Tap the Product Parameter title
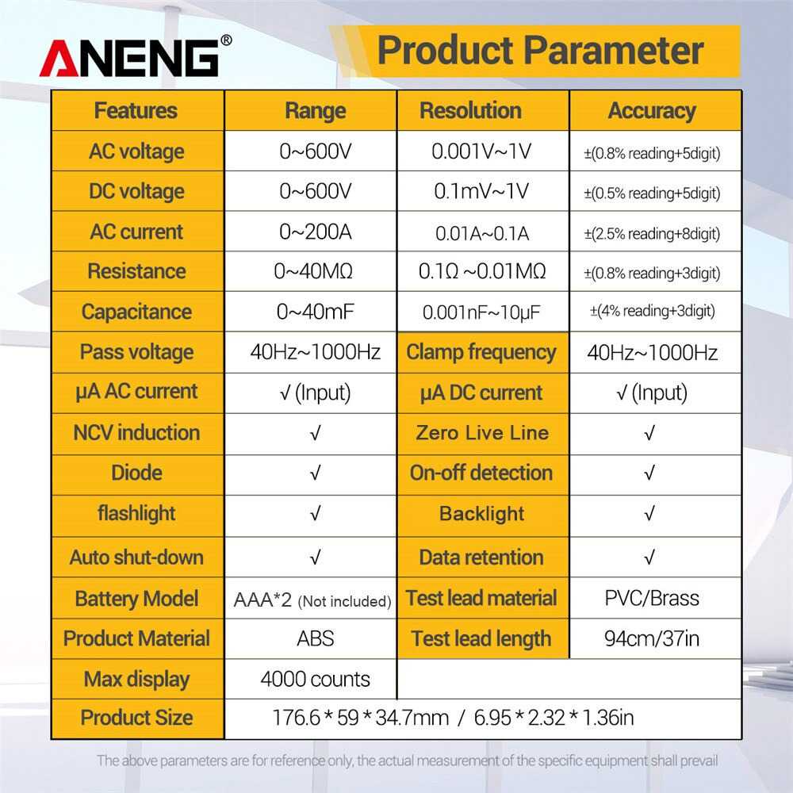point(541,51)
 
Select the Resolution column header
point(470,110)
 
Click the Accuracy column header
point(652,111)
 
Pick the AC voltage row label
point(136,151)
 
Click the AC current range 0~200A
point(315,232)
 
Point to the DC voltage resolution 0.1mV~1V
point(481,191)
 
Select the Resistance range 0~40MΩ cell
point(313,271)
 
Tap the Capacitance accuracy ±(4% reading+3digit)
point(653,311)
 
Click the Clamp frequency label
point(481,352)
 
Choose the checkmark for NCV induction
point(315,434)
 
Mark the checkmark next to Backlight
point(649,514)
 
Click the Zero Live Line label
point(482,433)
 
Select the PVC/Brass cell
point(652,598)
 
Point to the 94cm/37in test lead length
point(652,638)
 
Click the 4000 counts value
point(315,680)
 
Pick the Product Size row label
point(136,718)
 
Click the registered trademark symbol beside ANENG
point(226,40)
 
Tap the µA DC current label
point(481,393)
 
